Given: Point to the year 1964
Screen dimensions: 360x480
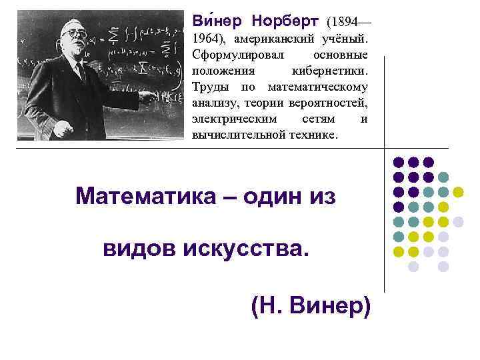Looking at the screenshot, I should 204,38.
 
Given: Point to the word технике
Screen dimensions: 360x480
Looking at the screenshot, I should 315,134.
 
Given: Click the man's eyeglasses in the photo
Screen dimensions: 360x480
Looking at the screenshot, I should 75,32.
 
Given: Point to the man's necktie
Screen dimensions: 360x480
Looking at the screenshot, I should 80,70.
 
